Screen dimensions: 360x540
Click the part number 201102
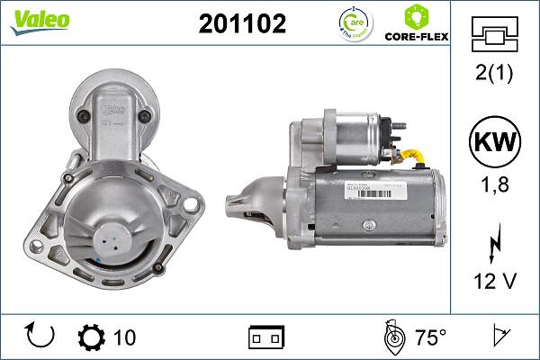coord(241,25)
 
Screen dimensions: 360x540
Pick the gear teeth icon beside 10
coord(92,337)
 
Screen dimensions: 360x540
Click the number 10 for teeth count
coord(124,337)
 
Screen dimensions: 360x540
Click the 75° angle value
coord(430,337)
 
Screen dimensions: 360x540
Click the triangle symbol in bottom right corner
coord(498,337)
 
